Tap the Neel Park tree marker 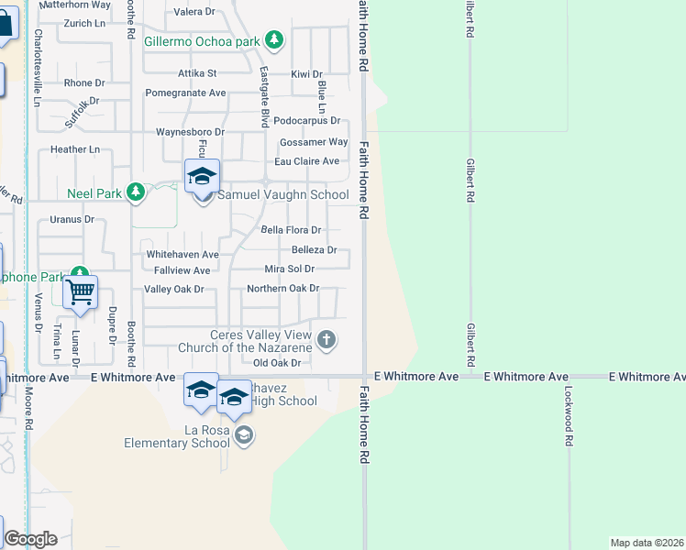click(136, 192)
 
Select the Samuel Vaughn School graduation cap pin click(202, 175)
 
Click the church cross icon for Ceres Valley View click(326, 342)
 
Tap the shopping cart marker click(81, 291)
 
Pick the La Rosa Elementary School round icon click(243, 435)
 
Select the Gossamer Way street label click(314, 142)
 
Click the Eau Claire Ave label click(307, 161)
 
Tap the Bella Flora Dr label click(291, 230)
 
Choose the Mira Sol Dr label click(289, 269)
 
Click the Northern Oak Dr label click(282, 289)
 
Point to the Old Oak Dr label click(277, 363)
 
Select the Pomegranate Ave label click(185, 93)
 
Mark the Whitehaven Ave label click(183, 254)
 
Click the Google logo click(30, 539)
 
